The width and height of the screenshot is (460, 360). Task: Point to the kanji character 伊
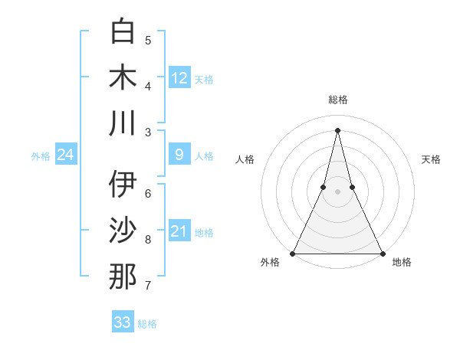[123, 184]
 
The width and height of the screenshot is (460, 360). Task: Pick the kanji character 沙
[123, 230]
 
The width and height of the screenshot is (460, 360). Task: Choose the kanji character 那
[123, 276]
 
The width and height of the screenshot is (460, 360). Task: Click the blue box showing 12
[179, 77]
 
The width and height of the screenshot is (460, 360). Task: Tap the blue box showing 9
[179, 155]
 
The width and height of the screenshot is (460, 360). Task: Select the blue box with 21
[179, 232]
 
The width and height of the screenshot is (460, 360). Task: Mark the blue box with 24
[65, 155]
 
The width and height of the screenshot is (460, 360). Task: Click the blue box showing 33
[123, 322]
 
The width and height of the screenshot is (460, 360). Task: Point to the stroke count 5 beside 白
[148, 40]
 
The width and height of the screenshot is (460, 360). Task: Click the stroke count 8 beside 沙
[148, 240]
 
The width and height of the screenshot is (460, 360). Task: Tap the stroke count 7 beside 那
[148, 286]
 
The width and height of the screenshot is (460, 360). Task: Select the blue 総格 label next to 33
[147, 324]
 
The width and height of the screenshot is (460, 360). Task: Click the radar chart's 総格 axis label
[337, 100]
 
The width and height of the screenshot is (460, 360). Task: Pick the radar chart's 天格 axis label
[431, 159]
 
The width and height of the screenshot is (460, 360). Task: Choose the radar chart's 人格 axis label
[245, 159]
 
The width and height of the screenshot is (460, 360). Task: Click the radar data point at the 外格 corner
[293, 253]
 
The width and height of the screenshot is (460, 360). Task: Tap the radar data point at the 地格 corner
[382, 253]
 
